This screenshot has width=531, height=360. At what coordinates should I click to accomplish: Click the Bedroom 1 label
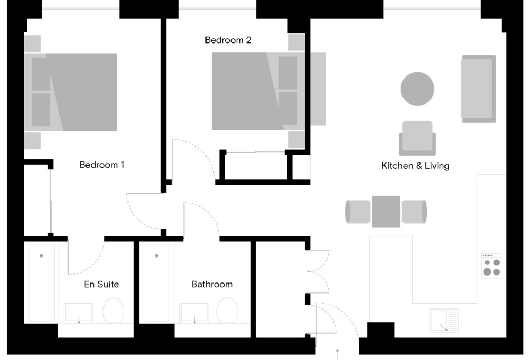point(101,165)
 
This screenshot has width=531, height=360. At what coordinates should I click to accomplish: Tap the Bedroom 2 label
point(228,40)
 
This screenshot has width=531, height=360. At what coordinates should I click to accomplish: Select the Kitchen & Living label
point(415,166)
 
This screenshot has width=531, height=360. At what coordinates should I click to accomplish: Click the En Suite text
point(101,284)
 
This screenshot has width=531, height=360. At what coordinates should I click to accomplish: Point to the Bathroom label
point(212,284)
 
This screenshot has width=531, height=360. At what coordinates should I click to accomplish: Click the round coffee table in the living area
point(417,89)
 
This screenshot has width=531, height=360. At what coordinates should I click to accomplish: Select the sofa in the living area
point(478,89)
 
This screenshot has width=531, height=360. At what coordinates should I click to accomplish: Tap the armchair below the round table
point(417,138)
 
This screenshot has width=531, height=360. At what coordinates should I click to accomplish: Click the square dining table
point(386,211)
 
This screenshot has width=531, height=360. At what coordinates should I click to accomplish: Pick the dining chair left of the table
point(357,211)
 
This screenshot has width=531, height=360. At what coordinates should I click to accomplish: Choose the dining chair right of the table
point(414,211)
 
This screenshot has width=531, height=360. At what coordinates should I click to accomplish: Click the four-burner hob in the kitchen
point(491,265)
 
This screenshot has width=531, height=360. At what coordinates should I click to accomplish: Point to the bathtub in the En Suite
point(41,282)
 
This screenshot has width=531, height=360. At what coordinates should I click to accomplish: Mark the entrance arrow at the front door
point(338,354)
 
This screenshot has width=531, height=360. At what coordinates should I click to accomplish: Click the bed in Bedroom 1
point(74,91)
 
